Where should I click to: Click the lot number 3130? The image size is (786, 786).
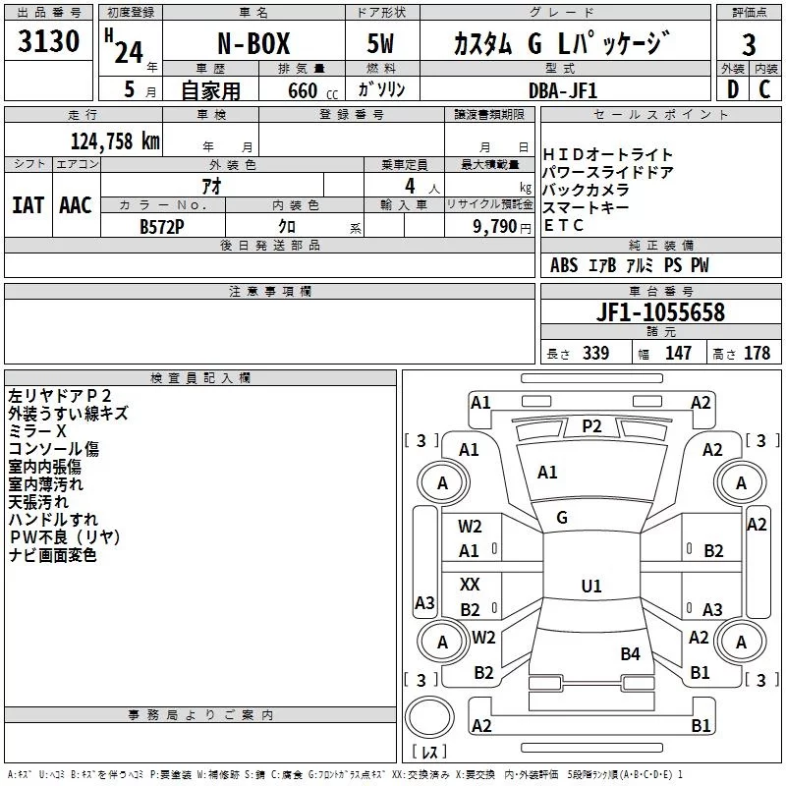pyautogui.click(x=49, y=42)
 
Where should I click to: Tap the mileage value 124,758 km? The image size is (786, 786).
pyautogui.click(x=114, y=140)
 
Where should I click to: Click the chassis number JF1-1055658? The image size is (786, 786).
pyautogui.click(x=661, y=312)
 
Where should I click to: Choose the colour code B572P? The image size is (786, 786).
pyautogui.click(x=163, y=225)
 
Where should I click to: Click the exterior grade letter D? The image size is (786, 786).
pyautogui.click(x=732, y=89)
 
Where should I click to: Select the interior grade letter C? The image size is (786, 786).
pyautogui.click(x=765, y=89)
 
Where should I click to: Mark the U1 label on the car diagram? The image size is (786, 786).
pyautogui.click(x=591, y=586)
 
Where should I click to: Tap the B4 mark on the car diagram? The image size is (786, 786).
pyautogui.click(x=630, y=652)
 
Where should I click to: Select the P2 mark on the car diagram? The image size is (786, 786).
pyautogui.click(x=591, y=425)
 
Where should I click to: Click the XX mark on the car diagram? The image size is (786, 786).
pyautogui.click(x=470, y=584)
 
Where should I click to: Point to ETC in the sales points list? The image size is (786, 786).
pyautogui.click(x=563, y=225)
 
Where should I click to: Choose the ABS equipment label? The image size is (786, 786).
pyautogui.click(x=564, y=265)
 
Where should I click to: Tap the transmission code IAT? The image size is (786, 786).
pyautogui.click(x=28, y=205)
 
